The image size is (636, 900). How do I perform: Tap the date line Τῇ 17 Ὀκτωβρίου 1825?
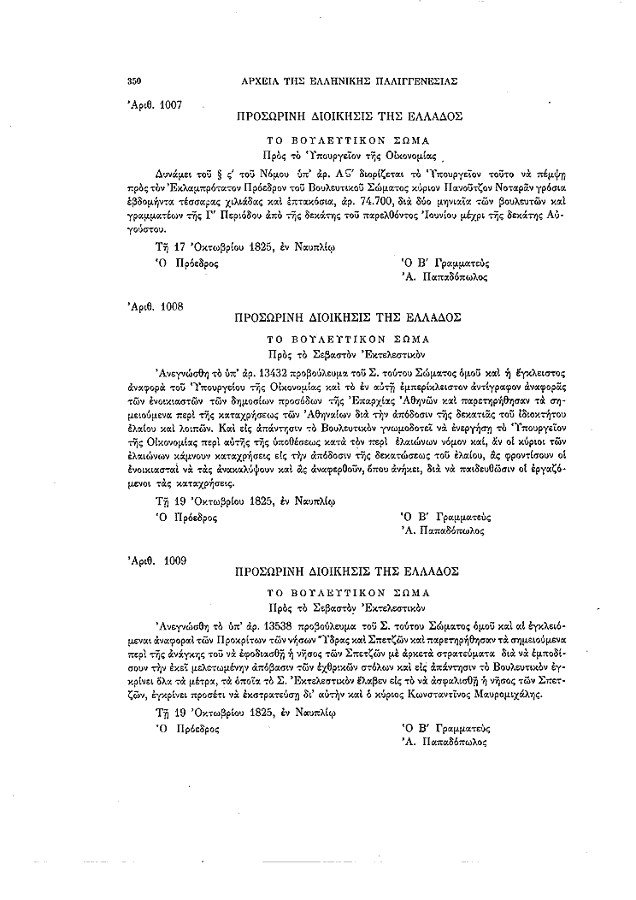[242, 249]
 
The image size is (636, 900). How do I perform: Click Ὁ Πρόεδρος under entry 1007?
[187, 263]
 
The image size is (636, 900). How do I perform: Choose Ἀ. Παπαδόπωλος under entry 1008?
[445, 531]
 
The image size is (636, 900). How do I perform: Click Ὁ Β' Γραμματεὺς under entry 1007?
[445, 263]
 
